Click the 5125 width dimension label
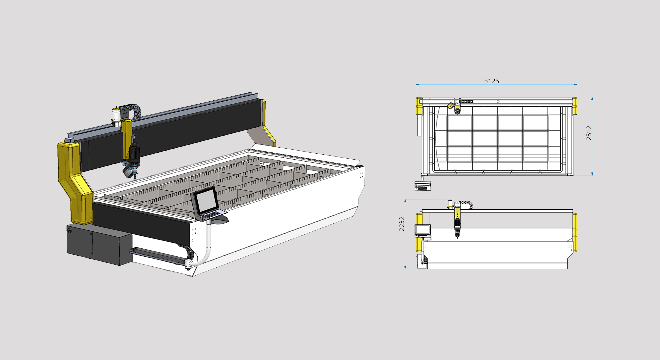[x=491, y=81]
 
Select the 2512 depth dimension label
[x=589, y=133]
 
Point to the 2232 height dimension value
[x=402, y=224]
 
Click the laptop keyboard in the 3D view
[x=212, y=214]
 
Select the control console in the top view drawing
[x=423, y=186]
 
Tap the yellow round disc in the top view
[x=450, y=106]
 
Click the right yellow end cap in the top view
[x=575, y=106]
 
